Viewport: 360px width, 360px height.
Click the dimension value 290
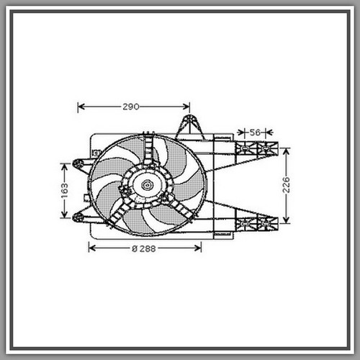coord(131,107)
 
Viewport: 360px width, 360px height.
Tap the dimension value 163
coord(64,191)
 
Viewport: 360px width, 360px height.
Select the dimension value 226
coord(286,185)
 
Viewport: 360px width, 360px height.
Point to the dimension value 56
coord(255,132)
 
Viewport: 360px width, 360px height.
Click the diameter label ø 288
coord(144,249)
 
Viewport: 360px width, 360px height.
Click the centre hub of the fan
coord(147,185)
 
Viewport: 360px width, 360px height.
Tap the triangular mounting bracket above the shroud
coord(189,127)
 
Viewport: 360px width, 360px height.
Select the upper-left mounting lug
coord(78,164)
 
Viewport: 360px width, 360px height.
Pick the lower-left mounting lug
coord(78,217)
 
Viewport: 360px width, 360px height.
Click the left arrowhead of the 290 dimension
coord(81,107)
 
